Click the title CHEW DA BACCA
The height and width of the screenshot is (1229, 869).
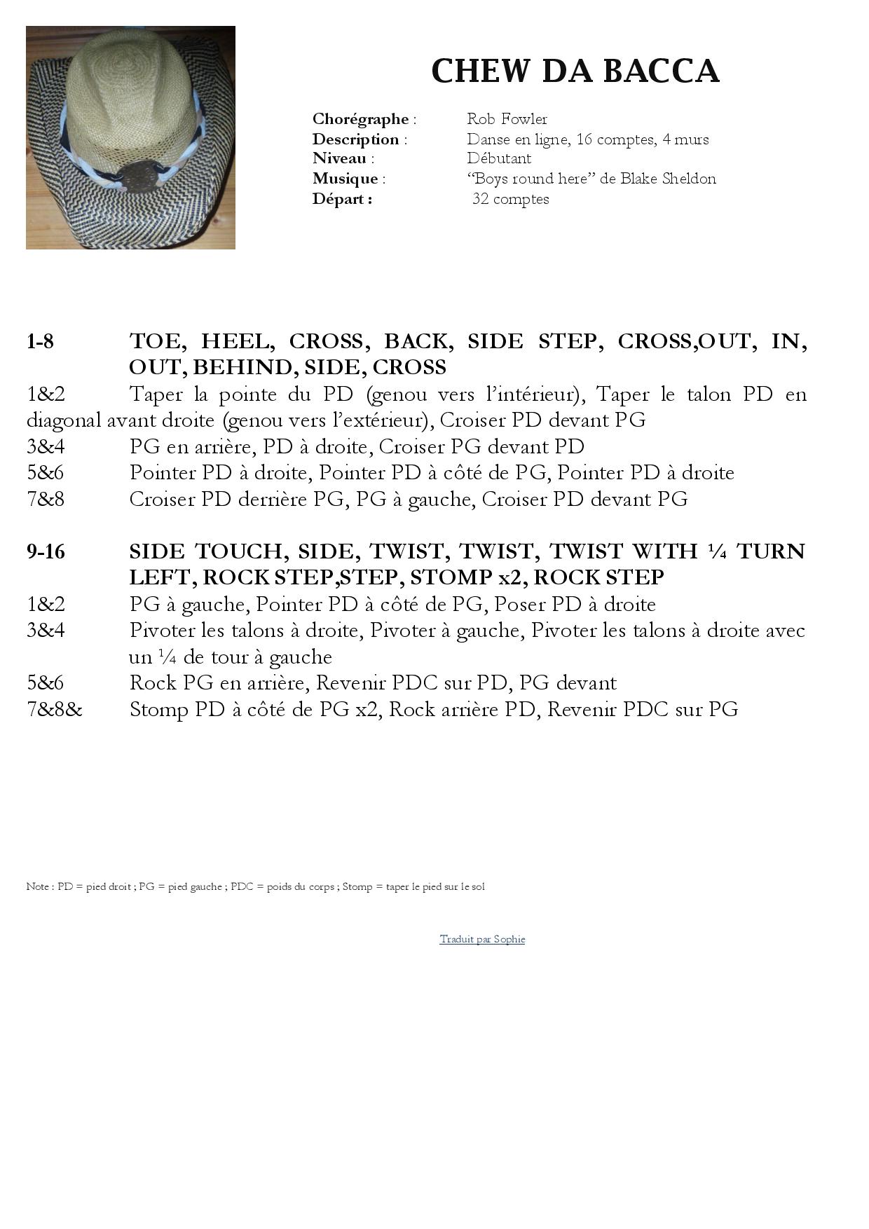pyautogui.click(x=575, y=71)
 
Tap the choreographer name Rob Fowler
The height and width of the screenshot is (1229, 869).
pyautogui.click(x=507, y=119)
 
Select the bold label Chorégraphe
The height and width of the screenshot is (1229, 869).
pyautogui.click(x=360, y=119)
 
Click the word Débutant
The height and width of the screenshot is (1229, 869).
pyautogui.click(x=499, y=158)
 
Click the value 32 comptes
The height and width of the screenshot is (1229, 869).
pyautogui.click(x=511, y=199)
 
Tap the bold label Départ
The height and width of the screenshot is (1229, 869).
pyautogui.click(x=341, y=199)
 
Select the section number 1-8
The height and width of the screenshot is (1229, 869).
pyautogui.click(x=40, y=341)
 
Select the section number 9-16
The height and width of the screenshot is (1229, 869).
pyautogui.click(x=46, y=551)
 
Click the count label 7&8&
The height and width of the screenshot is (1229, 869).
pyautogui.click(x=55, y=710)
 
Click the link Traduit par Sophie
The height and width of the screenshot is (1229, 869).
pyautogui.click(x=482, y=939)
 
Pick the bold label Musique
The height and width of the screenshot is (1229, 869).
pyautogui.click(x=345, y=179)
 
